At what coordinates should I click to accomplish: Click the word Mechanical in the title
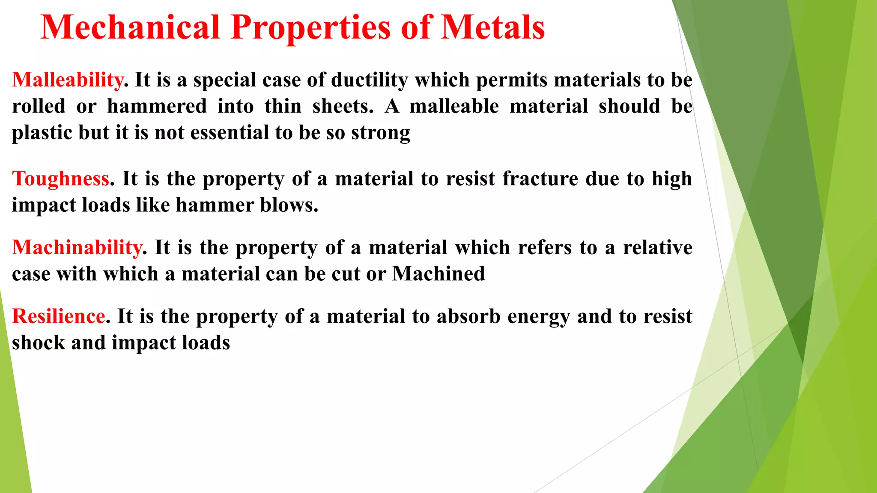(130, 27)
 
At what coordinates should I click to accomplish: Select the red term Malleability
(68, 80)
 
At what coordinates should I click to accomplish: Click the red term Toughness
(61, 178)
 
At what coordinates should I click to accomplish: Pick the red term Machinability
(77, 247)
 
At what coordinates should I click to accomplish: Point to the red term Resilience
(59, 316)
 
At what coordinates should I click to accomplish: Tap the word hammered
(157, 106)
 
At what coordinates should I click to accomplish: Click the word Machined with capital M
(438, 274)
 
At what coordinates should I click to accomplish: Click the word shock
(39, 343)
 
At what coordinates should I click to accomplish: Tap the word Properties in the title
(310, 27)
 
